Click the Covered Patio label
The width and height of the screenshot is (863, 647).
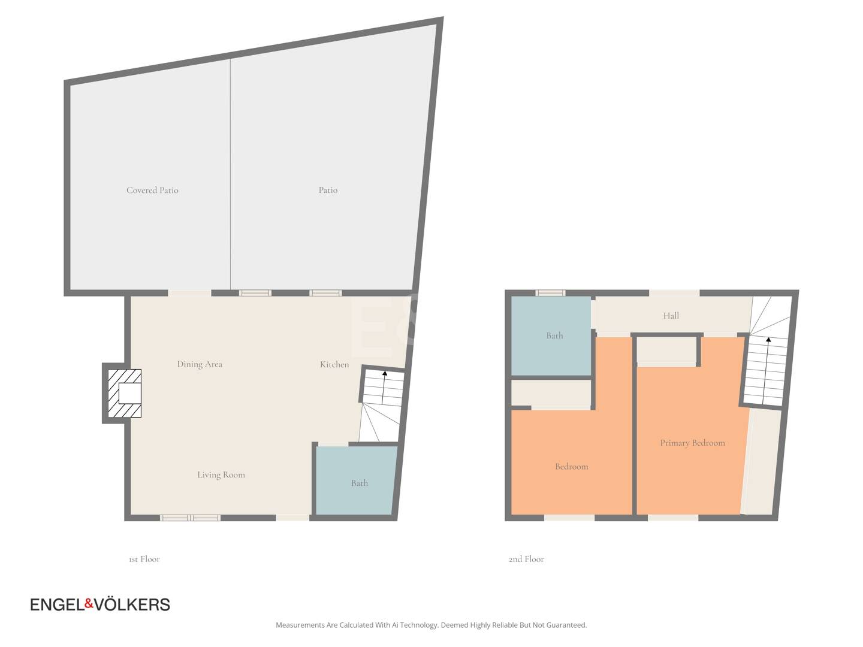152,190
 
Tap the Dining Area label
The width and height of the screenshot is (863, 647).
200,364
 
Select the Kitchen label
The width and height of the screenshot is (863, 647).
334,365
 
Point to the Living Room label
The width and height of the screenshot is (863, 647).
221,475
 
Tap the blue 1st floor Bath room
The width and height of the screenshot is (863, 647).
356,480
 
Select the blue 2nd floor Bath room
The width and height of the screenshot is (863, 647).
550,335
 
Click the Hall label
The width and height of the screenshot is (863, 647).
671,316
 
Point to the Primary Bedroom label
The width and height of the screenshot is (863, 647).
692,443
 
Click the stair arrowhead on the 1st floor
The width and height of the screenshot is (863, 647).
385,373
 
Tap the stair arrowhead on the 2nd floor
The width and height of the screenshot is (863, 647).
768,340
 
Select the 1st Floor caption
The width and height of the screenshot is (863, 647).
144,559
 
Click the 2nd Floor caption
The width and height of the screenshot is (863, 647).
526,559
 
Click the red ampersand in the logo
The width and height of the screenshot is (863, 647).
89,603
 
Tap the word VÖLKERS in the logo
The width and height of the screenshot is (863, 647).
132,604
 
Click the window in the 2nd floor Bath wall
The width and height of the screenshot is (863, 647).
550,293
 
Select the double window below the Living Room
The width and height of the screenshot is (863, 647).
191,518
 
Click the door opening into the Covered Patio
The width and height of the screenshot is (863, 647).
190,293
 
